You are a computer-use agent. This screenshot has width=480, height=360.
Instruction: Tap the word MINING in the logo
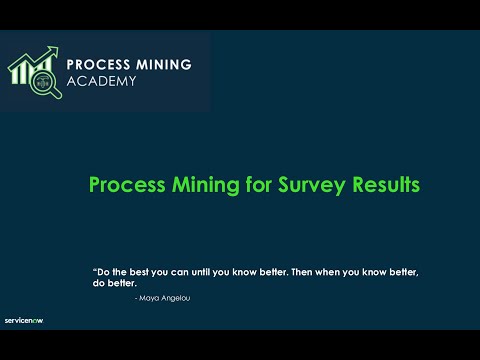coord(163,64)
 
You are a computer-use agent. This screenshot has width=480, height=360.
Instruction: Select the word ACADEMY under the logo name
coord(101,81)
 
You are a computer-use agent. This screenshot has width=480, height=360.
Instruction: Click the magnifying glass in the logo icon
coord(45,86)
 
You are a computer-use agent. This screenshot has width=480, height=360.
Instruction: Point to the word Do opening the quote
coord(102,272)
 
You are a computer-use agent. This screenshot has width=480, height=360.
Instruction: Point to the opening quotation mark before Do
coord(94,270)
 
